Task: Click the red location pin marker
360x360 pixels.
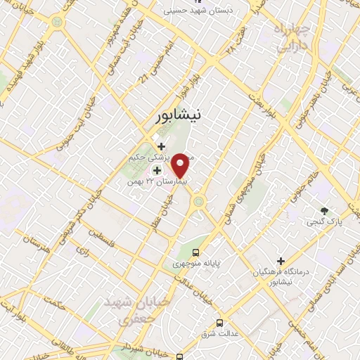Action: (x=181, y=165)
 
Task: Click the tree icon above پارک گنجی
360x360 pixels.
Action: (x=324, y=211)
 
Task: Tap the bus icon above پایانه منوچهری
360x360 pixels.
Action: (x=196, y=252)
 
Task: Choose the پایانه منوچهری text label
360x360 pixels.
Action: (x=197, y=264)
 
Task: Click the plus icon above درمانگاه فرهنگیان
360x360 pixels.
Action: (x=281, y=261)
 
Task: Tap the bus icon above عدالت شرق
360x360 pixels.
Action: (x=220, y=323)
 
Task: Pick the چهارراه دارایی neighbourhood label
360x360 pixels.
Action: (x=288, y=39)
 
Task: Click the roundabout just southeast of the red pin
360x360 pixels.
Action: (x=200, y=202)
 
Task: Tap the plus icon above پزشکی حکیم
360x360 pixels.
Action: (x=162, y=146)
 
